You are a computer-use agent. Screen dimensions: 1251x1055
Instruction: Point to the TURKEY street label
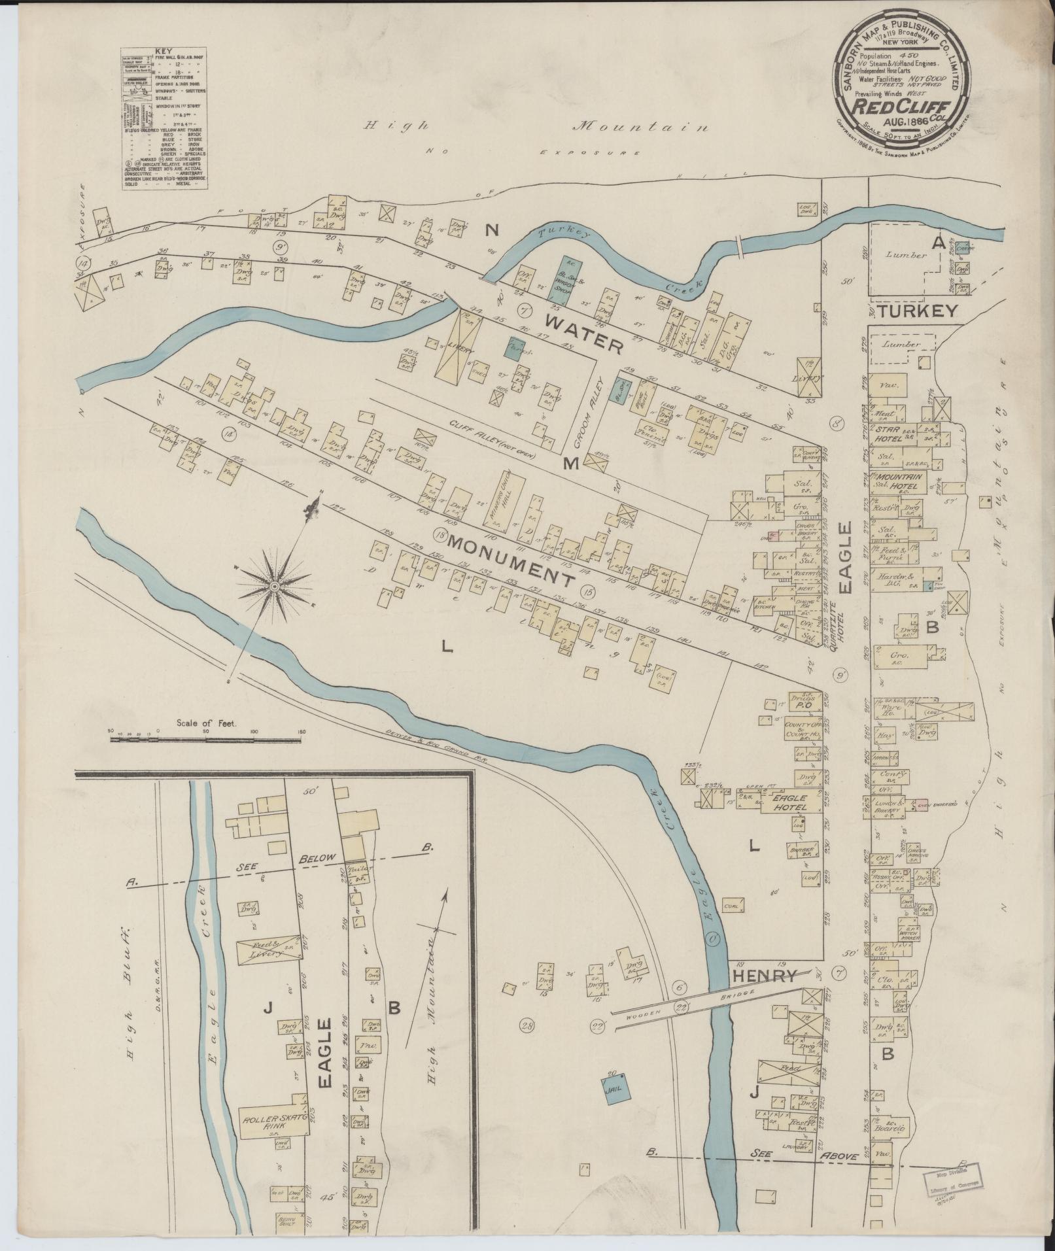[x=917, y=311]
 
